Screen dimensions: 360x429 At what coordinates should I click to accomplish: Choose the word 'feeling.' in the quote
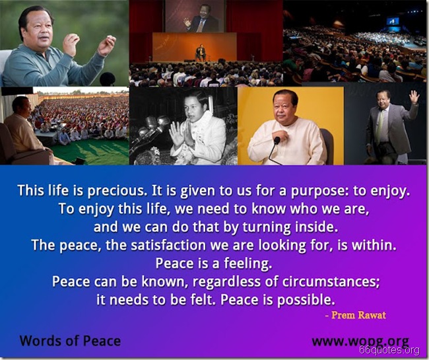(x=245, y=263)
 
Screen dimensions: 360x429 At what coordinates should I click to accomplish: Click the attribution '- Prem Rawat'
(x=356, y=315)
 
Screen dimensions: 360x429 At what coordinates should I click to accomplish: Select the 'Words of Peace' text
(x=70, y=341)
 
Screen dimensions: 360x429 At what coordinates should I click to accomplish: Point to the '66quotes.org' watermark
(x=395, y=349)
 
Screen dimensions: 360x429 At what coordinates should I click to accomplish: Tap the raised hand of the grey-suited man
(x=413, y=96)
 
